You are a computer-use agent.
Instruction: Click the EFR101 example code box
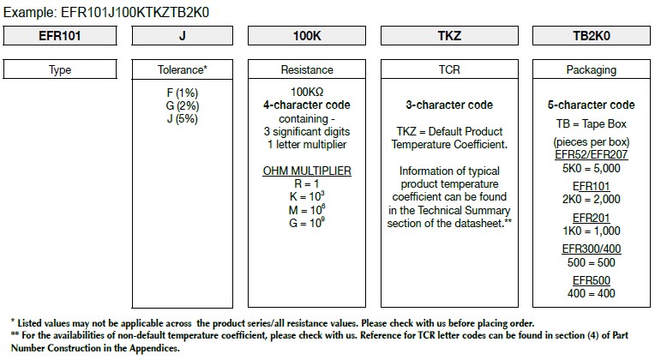click(60, 35)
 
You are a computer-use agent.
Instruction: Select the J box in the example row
click(182, 35)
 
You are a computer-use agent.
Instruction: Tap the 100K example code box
click(307, 35)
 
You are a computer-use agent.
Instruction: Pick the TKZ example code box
click(449, 35)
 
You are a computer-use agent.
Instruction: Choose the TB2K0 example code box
click(592, 35)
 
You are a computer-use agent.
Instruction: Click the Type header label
click(60, 69)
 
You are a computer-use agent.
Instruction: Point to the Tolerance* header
click(182, 69)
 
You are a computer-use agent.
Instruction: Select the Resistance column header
click(307, 69)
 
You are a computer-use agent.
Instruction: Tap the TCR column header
click(449, 69)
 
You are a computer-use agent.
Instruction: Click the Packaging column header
click(592, 69)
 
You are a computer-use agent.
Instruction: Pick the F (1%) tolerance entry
click(182, 93)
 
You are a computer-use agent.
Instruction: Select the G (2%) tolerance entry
click(182, 105)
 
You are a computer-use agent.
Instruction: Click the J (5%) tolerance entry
click(182, 118)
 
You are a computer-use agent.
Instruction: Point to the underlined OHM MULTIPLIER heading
click(307, 171)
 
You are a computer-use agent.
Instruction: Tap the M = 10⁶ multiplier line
click(307, 209)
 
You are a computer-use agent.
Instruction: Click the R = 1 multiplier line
click(307, 183)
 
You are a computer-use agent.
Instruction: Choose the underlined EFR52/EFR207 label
click(592, 154)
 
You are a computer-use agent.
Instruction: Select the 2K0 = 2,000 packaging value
click(592, 199)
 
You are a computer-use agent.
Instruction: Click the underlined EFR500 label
click(592, 280)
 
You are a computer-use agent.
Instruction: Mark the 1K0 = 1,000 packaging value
click(592, 231)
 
